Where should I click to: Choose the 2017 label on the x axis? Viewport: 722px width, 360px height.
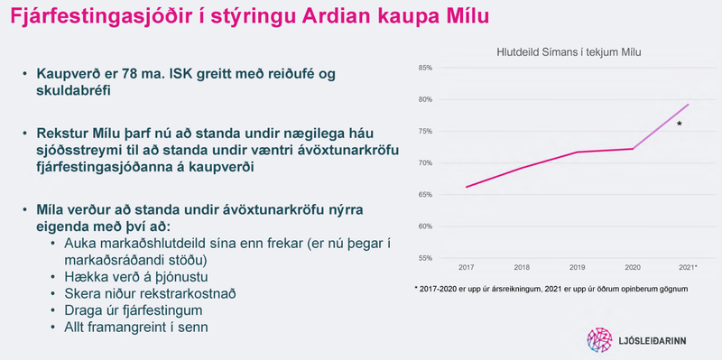point(466,269)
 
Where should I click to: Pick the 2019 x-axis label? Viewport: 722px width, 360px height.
point(578,269)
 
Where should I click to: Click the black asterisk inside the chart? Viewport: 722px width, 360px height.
point(679,125)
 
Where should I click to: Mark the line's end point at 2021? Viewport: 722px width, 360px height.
point(689,105)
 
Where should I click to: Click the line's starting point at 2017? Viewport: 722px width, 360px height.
point(467,187)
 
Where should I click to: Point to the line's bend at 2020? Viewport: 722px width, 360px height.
point(634,149)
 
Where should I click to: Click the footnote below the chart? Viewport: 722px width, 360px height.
point(550,289)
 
